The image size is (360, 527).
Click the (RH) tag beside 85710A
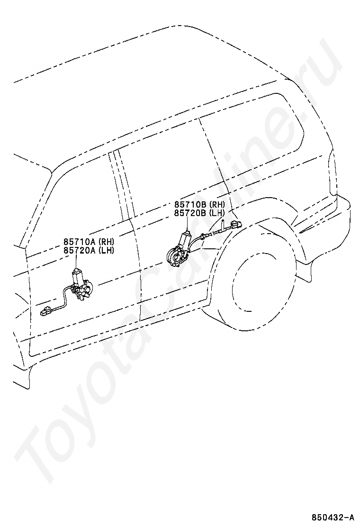click(106, 241)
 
